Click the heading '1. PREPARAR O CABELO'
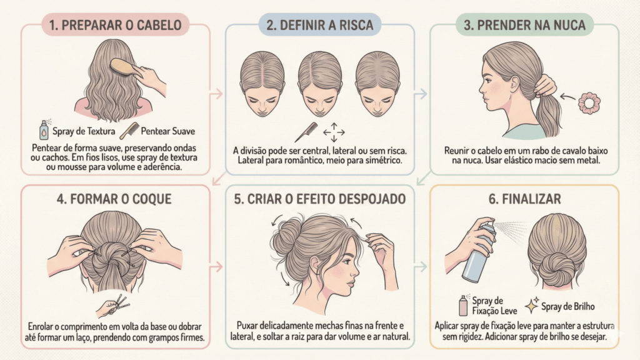[x=116, y=25]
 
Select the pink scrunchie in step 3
[x=589, y=103]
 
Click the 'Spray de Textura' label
[x=84, y=131]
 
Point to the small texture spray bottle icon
[x=44, y=130]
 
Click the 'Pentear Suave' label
[x=167, y=131]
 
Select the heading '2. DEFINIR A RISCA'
[x=319, y=25]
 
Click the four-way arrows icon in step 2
[x=334, y=132]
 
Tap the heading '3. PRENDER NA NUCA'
[x=524, y=25]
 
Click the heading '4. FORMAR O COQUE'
[x=114, y=199]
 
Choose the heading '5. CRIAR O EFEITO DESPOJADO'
[x=319, y=199]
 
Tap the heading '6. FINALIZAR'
[x=524, y=199]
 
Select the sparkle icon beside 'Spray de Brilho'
[x=532, y=305]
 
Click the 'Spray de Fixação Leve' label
[x=494, y=306]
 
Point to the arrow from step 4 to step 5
[x=217, y=267]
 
